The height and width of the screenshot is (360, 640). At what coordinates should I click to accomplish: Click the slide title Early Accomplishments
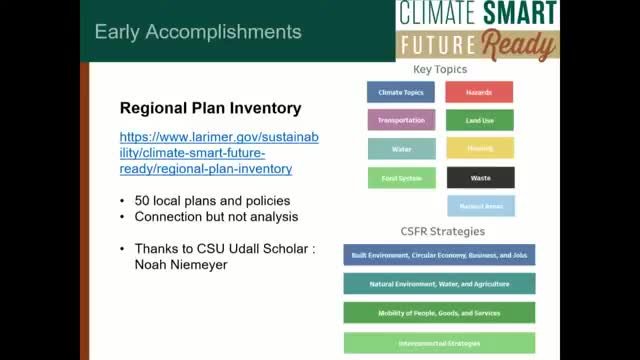[197, 32]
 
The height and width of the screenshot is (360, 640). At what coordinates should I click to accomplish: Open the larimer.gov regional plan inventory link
[219, 152]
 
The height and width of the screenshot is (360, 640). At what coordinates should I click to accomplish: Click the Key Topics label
[440, 70]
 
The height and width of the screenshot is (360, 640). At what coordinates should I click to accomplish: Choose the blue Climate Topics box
[401, 93]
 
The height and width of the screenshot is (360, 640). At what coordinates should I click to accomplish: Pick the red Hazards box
[479, 93]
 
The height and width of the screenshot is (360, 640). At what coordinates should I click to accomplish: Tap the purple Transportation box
[401, 121]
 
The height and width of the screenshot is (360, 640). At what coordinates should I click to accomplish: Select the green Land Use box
[479, 121]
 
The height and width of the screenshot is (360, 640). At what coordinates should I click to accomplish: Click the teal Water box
[401, 149]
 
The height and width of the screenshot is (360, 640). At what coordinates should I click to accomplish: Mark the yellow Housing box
[479, 149]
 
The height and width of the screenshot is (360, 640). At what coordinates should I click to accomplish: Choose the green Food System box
[401, 178]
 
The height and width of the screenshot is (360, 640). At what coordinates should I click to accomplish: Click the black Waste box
[479, 178]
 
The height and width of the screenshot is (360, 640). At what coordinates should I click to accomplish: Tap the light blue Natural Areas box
[479, 206]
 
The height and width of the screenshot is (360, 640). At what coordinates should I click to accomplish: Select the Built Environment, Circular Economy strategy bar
[439, 255]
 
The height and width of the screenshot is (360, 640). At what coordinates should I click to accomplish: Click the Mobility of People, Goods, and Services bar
[439, 313]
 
